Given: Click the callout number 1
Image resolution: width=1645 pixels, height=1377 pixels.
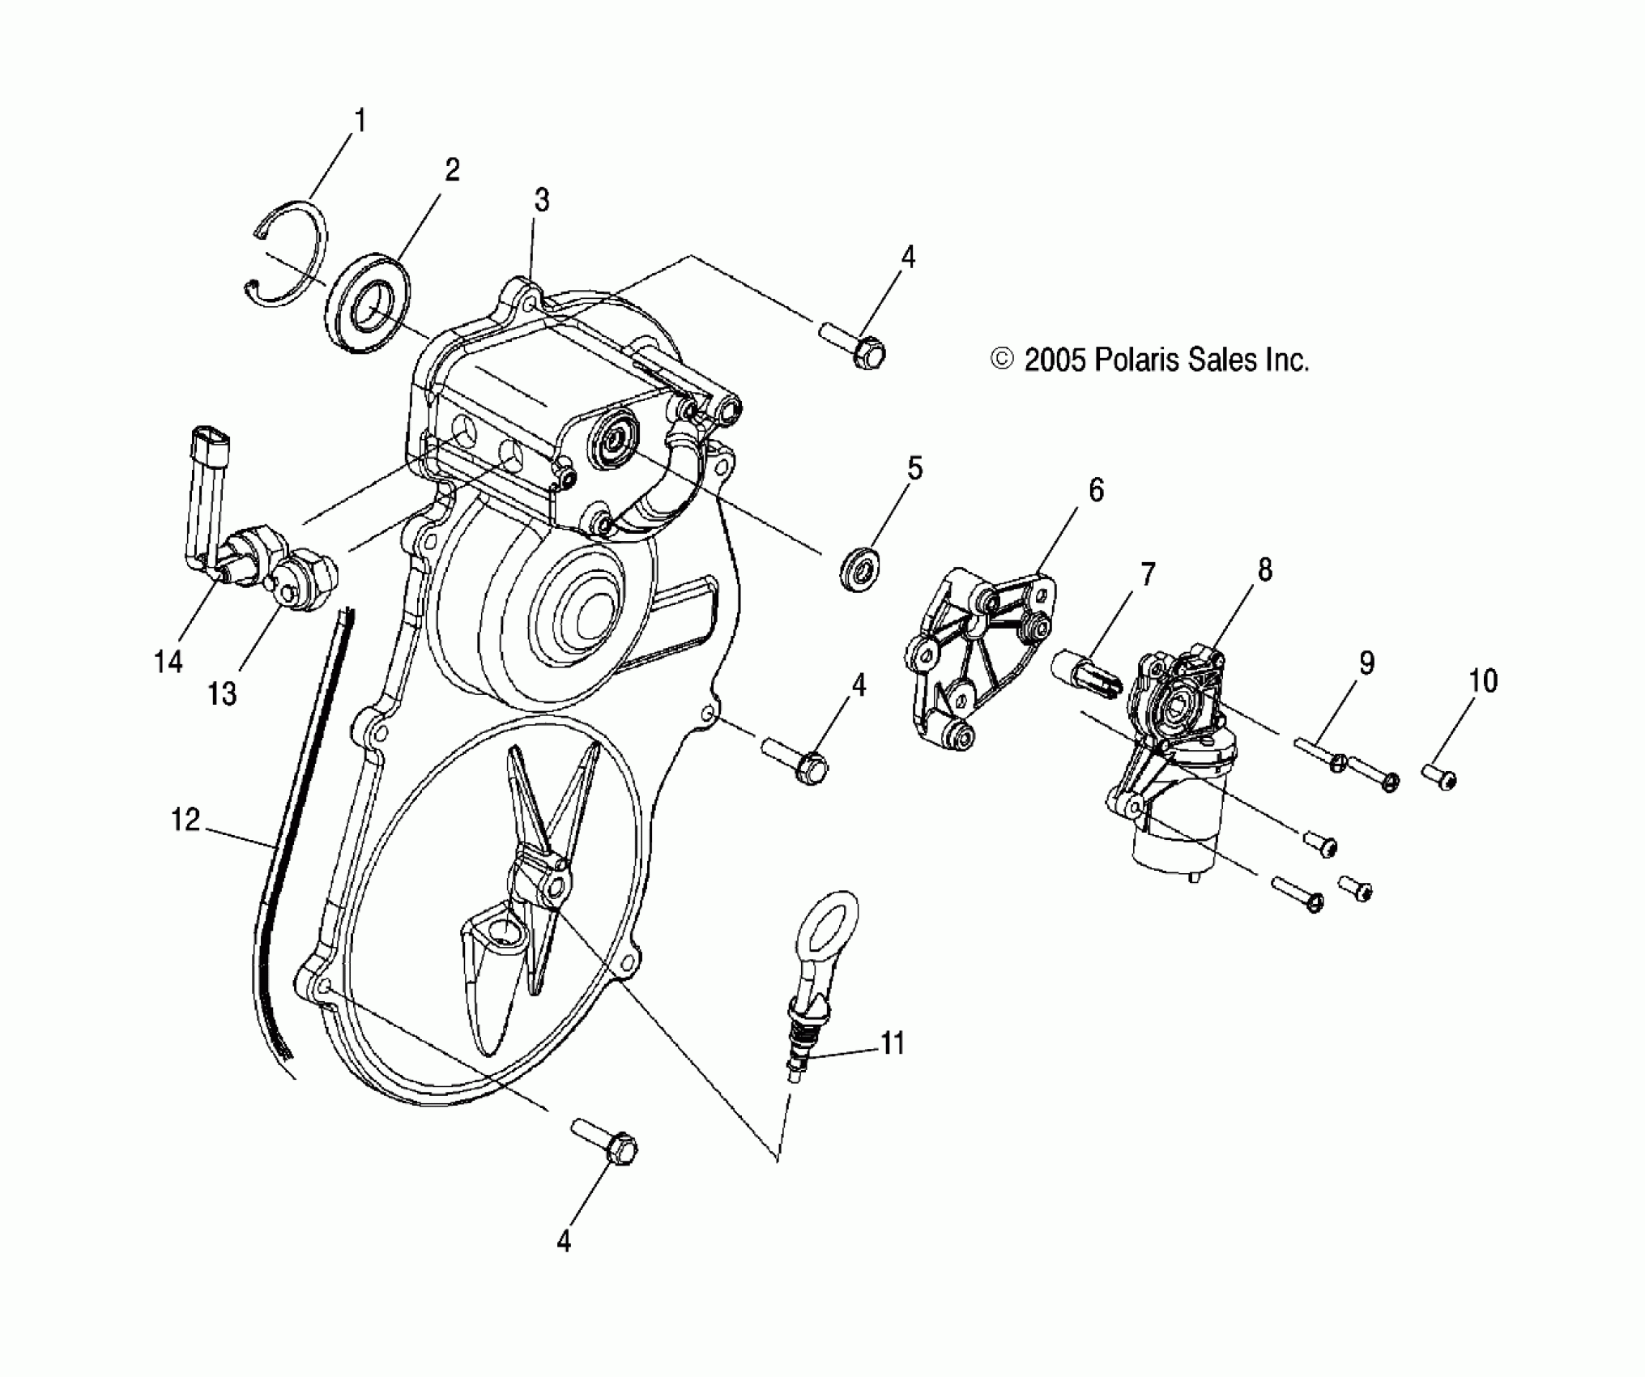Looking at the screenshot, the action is coord(360,122).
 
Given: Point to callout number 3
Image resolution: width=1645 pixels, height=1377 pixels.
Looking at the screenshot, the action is coord(541,200).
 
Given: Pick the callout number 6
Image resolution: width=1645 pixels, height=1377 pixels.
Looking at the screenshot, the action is coord(1095,490).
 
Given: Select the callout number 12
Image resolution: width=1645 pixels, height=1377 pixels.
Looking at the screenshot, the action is coord(185,820).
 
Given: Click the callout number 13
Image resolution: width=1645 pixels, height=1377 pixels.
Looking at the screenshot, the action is coord(222,693).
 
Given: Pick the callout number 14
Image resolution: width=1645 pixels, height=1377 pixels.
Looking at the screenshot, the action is coord(168,662).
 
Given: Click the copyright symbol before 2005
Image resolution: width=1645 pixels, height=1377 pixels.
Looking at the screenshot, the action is coord(1002,359).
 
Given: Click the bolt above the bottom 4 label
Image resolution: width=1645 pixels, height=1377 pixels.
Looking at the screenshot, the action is coord(606,1140).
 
